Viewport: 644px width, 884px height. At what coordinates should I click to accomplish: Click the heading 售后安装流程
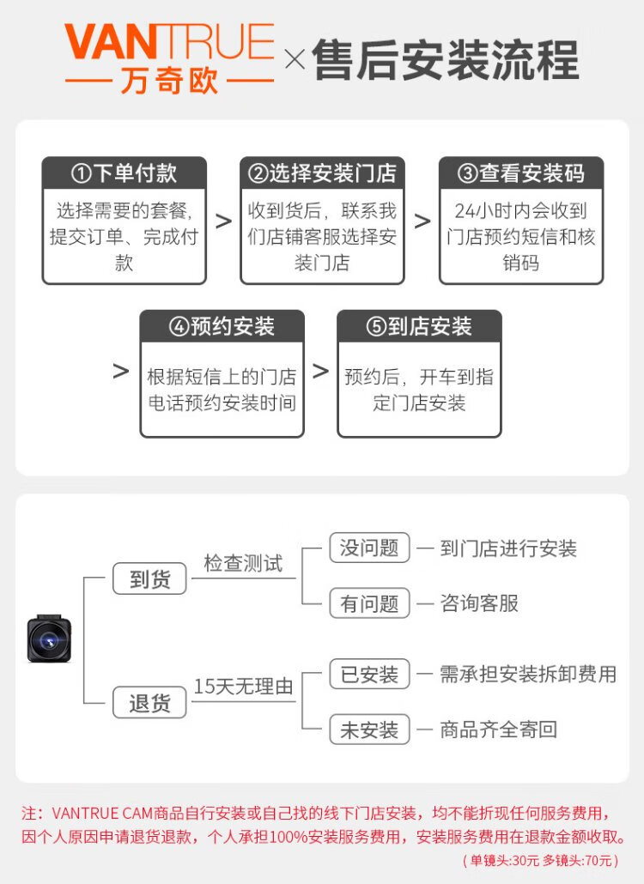(x=446, y=60)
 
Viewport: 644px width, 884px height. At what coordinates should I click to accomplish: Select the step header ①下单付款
(x=125, y=173)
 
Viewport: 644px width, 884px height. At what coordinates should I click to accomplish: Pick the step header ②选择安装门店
(x=322, y=173)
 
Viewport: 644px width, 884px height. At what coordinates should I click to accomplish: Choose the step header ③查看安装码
(x=521, y=173)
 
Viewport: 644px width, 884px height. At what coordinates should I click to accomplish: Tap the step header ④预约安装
(x=222, y=326)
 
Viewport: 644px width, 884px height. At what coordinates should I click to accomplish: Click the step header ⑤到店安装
(x=419, y=326)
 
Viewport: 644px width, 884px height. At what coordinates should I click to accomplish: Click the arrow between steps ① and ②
(x=223, y=221)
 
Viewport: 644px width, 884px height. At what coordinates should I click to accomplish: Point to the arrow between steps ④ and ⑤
(x=320, y=372)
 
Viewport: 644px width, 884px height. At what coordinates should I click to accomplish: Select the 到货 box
(x=150, y=578)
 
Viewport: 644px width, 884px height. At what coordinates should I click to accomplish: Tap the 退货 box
(x=150, y=704)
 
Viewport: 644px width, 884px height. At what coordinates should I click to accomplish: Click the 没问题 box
(x=369, y=548)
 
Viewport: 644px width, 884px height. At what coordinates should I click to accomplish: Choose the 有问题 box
(x=369, y=603)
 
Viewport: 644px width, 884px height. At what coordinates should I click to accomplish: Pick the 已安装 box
(x=369, y=674)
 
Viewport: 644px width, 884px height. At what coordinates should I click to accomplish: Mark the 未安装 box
(x=369, y=730)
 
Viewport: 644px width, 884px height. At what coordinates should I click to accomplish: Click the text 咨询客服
(x=479, y=603)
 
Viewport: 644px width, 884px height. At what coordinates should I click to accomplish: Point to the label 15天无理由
(x=243, y=687)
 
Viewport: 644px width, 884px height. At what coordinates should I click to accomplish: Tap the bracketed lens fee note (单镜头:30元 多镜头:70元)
(x=540, y=860)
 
